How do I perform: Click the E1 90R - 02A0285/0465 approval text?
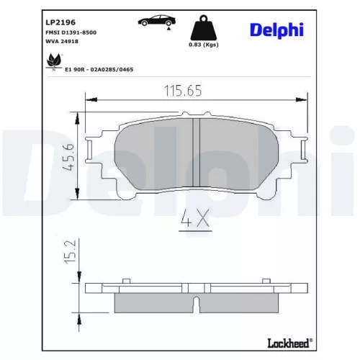click(x=99, y=69)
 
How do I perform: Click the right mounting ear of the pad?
click(x=301, y=152)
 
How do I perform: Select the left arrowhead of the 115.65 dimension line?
click(x=89, y=100)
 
